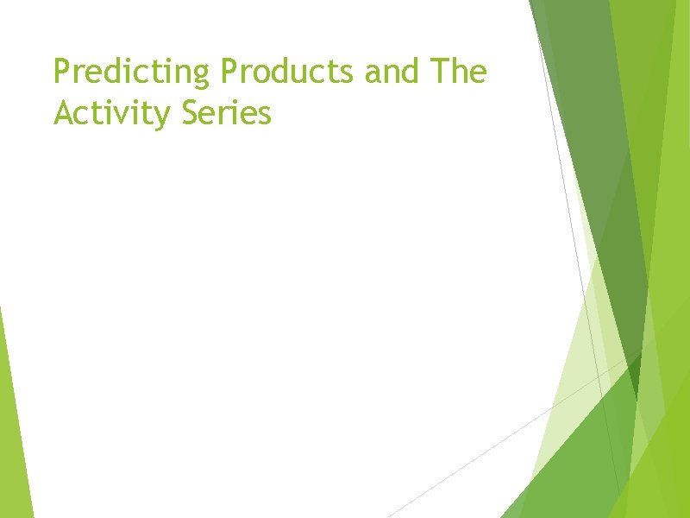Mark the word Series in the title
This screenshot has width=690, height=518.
(228, 112)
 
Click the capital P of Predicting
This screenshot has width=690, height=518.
(61, 73)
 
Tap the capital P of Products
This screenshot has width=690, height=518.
(229, 73)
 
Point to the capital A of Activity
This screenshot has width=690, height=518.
(63, 112)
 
